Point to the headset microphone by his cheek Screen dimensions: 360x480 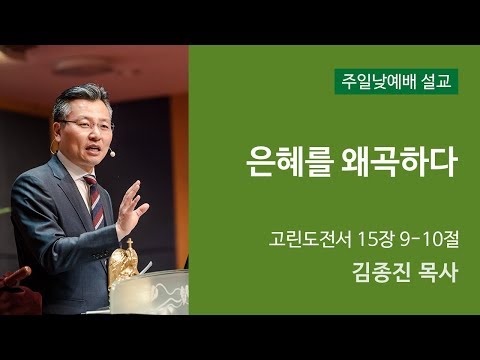pyautogui.click(x=112, y=153)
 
